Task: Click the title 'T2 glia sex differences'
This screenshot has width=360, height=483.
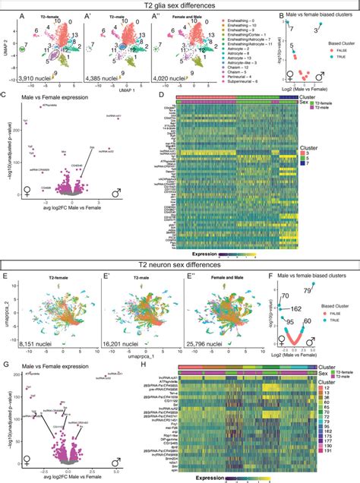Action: pos(179,6)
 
